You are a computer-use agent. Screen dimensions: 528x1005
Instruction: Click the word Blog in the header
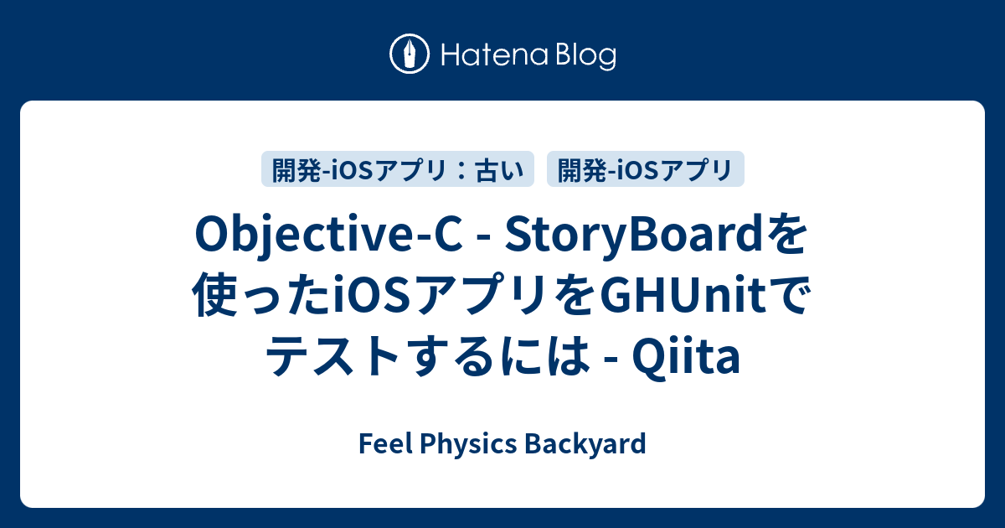click(585, 55)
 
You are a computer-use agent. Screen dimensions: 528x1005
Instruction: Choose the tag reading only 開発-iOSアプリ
click(645, 169)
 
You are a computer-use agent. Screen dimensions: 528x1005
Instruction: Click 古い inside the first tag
click(499, 169)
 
